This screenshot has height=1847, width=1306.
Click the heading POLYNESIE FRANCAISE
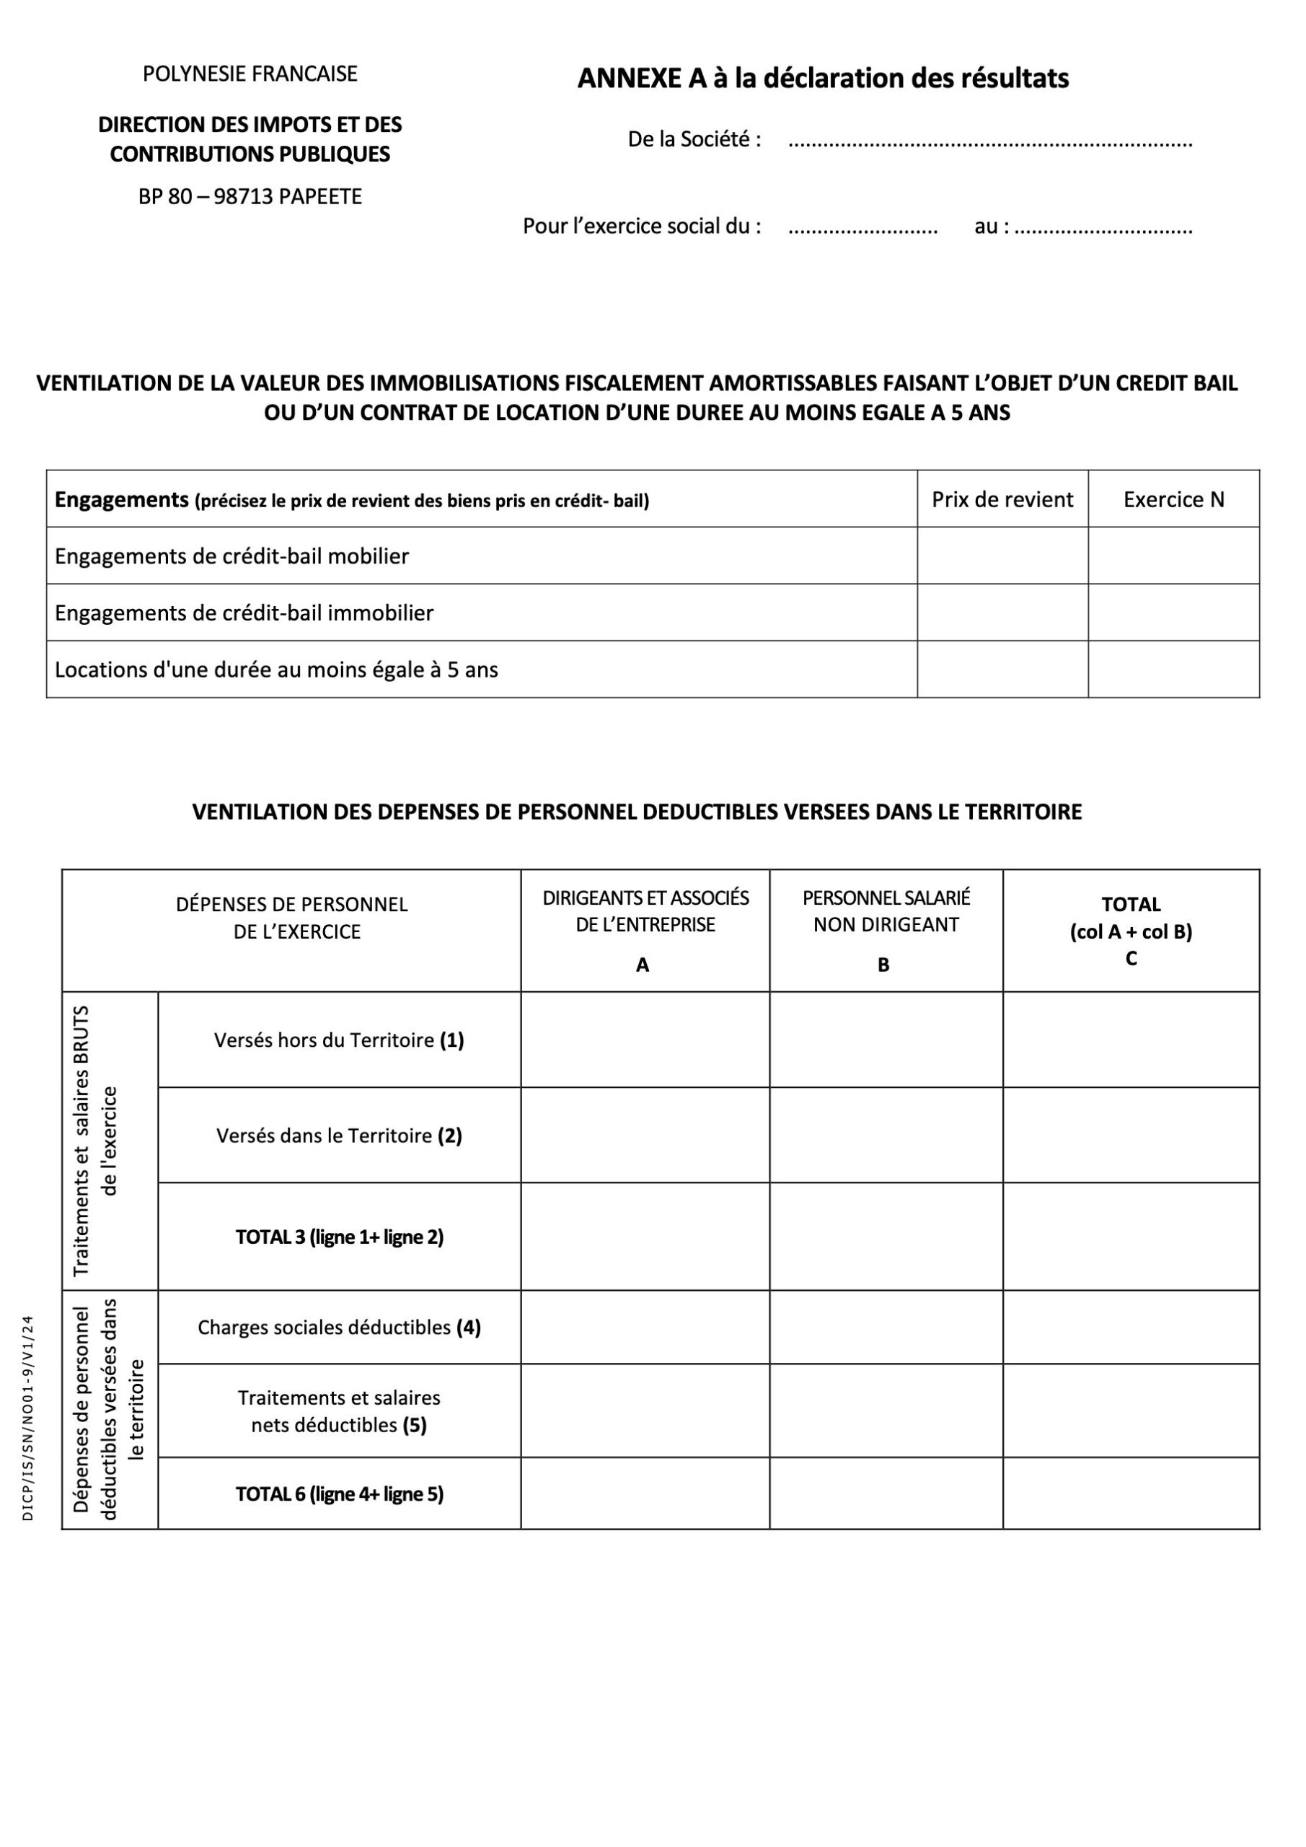(x=250, y=74)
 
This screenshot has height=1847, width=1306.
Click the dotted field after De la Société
(x=990, y=142)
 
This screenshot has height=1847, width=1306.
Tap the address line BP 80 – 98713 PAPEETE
(x=250, y=197)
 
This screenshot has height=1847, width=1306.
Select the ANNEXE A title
(x=823, y=79)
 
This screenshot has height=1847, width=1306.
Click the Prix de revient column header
(x=1002, y=499)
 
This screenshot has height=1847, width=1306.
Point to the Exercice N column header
(x=1173, y=499)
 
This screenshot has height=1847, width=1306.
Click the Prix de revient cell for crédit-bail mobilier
(x=1002, y=556)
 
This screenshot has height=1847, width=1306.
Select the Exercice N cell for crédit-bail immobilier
(x=1173, y=613)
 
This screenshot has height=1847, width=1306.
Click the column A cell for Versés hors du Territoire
(x=645, y=1040)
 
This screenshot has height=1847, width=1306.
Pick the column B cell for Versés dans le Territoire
(x=886, y=1135)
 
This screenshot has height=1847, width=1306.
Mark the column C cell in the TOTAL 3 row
(x=1131, y=1237)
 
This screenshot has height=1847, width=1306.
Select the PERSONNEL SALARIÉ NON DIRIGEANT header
(x=886, y=911)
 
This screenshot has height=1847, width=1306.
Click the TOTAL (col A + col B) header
(x=1131, y=931)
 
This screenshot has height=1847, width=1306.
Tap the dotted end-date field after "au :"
(x=1103, y=229)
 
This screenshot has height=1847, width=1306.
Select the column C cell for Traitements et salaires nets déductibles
(x=1131, y=1411)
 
